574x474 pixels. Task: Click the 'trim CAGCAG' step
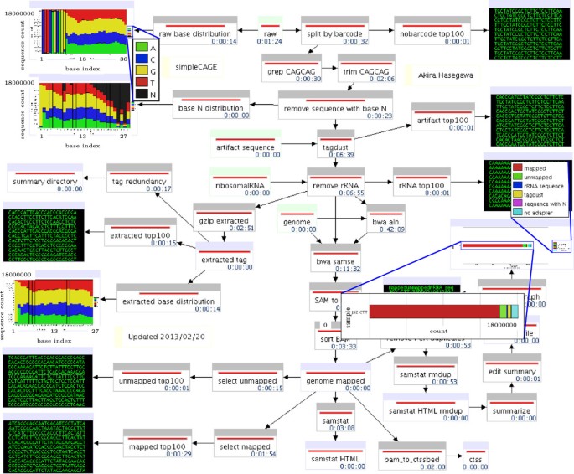pyautogui.click(x=367, y=69)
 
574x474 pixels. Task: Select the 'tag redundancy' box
pyautogui.click(x=139, y=179)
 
